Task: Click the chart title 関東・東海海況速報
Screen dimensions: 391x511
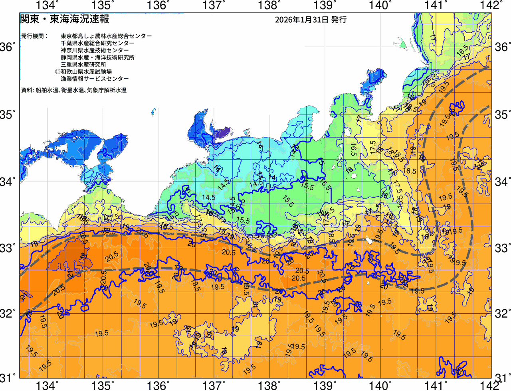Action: [64, 19]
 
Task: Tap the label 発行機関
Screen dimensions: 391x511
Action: [34, 36]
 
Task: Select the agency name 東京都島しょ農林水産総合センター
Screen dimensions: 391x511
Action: [106, 36]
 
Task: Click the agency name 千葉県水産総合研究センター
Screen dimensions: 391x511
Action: [98, 43]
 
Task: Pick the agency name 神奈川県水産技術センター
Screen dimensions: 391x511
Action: [95, 50]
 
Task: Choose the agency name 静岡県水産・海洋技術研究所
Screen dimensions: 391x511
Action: [98, 57]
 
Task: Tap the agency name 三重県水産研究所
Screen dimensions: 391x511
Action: [83, 65]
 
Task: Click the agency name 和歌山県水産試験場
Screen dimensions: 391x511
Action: [86, 72]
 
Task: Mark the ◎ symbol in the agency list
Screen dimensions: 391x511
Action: [57, 72]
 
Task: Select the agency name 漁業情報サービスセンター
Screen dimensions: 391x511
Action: [95, 79]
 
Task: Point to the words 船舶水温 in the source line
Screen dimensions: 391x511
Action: [47, 91]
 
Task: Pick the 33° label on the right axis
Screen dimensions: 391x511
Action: [502, 248]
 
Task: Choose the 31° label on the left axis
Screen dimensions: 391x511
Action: [8, 377]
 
